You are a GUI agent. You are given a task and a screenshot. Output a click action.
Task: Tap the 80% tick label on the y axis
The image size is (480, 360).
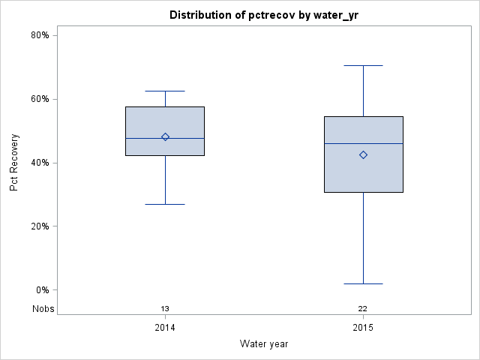40,35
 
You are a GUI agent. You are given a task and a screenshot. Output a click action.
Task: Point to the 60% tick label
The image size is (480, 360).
40,99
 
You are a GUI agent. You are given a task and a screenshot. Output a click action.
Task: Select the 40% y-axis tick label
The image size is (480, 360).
40,163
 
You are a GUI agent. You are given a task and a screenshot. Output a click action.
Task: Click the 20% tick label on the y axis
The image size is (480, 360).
40,226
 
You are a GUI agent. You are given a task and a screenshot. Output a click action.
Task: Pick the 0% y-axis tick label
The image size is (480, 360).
42,290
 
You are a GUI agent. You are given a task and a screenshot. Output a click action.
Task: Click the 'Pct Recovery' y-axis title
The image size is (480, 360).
14,163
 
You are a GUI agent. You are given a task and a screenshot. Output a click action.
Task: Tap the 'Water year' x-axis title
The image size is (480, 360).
264,343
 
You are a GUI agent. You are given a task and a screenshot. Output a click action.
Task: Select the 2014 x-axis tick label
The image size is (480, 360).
165,328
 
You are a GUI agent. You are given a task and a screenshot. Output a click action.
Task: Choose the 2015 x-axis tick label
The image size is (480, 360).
363,328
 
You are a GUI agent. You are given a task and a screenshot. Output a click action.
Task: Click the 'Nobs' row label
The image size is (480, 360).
43,308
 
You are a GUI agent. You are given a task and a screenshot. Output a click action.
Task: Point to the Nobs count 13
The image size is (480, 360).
165,308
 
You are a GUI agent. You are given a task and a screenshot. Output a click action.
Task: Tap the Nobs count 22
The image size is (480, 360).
363,308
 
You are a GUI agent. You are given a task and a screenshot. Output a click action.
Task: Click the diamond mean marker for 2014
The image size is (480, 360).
165,136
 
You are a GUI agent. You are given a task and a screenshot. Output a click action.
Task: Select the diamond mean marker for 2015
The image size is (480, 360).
363,154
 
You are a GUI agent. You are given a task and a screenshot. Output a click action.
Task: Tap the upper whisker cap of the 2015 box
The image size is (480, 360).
363,65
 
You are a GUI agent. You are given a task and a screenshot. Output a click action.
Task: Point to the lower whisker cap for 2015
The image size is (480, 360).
363,283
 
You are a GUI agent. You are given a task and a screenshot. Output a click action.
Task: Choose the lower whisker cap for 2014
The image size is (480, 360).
165,204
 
